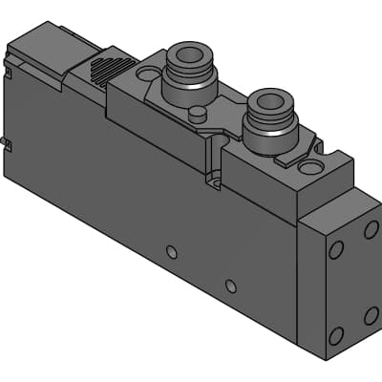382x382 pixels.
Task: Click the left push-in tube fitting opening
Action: [188, 52]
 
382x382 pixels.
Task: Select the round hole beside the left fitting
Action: [147, 73]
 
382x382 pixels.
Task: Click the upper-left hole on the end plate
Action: [335, 250]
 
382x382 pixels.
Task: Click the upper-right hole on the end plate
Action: [371, 230]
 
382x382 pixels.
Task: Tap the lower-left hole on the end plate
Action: [335, 335]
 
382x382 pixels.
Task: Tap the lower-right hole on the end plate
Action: [371, 314]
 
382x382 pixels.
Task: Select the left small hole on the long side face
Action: [171, 252]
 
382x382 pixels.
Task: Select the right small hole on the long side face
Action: [230, 286]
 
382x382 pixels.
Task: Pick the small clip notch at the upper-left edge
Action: [10, 69]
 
